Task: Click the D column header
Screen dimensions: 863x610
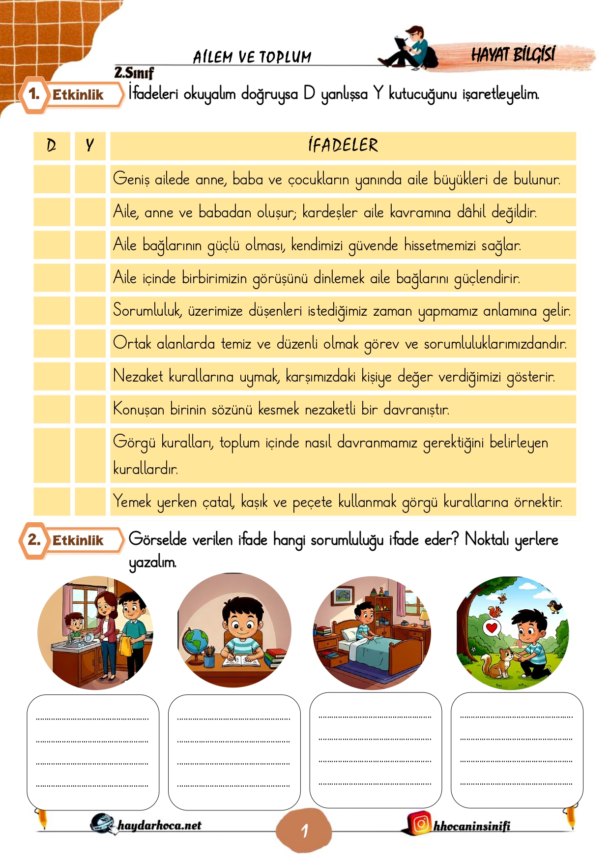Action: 52,146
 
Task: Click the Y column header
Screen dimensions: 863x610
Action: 90,146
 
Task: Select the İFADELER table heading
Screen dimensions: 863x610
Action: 343,146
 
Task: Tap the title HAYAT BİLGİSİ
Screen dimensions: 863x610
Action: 513,55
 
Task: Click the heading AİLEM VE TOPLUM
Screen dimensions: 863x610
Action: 252,57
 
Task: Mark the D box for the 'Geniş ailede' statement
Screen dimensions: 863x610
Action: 52,179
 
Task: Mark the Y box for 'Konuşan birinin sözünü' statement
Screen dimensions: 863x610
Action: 90,409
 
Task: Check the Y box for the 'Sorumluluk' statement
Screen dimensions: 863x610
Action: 90,310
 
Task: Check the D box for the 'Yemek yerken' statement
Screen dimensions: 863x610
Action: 52,502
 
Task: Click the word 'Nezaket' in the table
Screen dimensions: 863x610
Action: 138,376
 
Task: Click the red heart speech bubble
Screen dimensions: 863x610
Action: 492,627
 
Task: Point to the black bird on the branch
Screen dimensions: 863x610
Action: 556,606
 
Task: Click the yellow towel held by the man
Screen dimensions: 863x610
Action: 125,646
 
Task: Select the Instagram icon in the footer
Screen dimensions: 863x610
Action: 421,823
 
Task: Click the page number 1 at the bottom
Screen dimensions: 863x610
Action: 305,831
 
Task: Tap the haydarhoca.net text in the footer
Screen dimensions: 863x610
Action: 159,825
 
